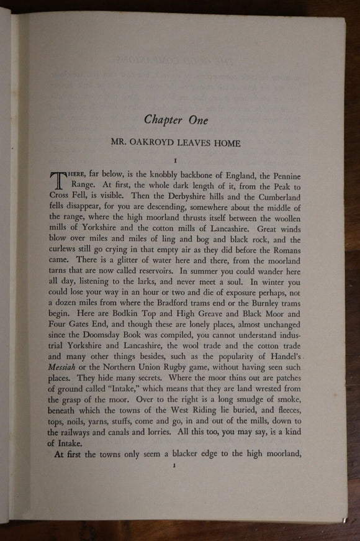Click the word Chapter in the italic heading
[x=164, y=120]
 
